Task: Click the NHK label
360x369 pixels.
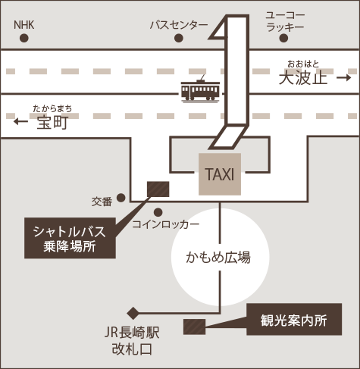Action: click(x=24, y=25)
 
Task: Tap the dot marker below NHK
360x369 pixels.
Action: click(x=24, y=38)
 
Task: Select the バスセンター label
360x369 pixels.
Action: click(x=179, y=25)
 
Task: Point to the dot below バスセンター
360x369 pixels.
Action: click(x=179, y=38)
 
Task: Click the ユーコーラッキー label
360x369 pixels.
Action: click(x=285, y=21)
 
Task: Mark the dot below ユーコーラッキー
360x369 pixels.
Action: click(x=283, y=38)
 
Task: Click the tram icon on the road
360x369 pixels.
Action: click(x=200, y=89)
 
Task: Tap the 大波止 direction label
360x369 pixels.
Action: click(x=303, y=74)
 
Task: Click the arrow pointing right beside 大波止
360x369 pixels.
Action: click(x=344, y=77)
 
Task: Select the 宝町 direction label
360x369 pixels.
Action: click(x=52, y=118)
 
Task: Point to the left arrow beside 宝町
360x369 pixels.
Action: click(x=20, y=121)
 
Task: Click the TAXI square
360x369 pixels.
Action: click(x=220, y=174)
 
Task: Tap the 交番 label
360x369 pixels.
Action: click(x=102, y=202)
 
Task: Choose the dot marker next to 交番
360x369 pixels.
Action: click(x=121, y=198)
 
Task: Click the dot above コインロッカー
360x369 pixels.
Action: click(x=158, y=212)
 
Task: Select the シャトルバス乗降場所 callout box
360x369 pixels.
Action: click(x=70, y=238)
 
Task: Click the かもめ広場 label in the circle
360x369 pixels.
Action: click(x=218, y=258)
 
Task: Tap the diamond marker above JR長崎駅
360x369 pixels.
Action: click(x=133, y=313)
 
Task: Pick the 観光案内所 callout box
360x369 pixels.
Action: click(x=294, y=319)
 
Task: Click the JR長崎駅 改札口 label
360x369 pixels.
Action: click(x=132, y=341)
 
